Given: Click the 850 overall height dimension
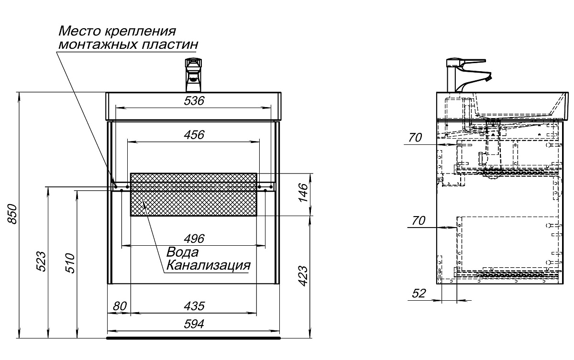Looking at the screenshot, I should pos(13,214).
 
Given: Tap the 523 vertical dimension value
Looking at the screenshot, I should pos(42,262).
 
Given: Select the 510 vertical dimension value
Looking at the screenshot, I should pos(70,262).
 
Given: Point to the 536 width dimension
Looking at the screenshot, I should pos(194,101).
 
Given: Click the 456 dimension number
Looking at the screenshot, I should pos(194,135).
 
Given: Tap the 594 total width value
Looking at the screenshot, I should pos(194,324).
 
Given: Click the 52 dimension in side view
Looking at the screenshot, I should pos(419,294).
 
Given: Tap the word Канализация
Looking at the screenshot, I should pos(207,265).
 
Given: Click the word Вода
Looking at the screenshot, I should pos(182,252).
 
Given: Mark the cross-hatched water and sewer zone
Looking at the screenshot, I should pos(194,195).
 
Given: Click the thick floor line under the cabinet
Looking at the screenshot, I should pos(193,338).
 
